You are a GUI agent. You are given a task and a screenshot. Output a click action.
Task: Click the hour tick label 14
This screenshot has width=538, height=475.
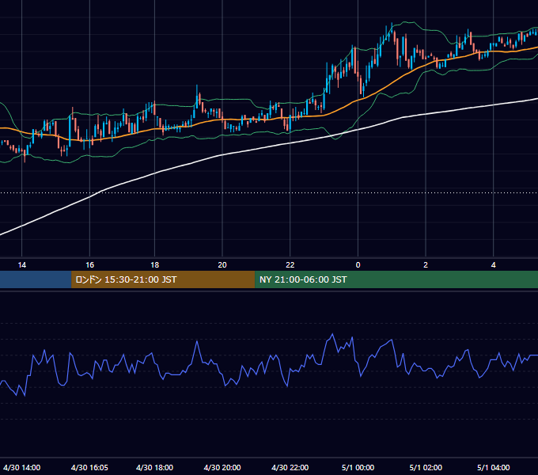[x=22, y=265]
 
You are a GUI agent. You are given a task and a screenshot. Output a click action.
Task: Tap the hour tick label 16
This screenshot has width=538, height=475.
[x=90, y=265]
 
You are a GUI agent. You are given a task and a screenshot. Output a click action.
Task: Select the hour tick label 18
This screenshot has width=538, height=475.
[x=155, y=265]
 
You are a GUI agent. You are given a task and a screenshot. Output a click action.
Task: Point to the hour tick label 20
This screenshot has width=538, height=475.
[x=222, y=265]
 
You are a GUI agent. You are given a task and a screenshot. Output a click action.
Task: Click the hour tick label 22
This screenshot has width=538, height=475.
[x=290, y=265]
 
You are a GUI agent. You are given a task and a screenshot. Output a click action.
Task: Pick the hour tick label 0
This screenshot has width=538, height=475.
[x=358, y=265]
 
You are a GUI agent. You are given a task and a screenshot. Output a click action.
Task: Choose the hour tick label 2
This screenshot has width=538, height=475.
[x=426, y=265]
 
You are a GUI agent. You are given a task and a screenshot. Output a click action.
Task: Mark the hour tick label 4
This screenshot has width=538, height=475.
[x=494, y=265]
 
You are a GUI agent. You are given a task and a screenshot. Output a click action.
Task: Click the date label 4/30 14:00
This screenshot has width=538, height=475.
[x=22, y=467]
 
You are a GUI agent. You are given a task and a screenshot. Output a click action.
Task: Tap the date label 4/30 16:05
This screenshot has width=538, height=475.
[x=89, y=467]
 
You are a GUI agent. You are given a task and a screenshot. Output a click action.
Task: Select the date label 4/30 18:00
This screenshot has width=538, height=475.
[x=155, y=467]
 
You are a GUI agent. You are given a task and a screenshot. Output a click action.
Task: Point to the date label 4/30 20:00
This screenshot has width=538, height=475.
[x=222, y=467]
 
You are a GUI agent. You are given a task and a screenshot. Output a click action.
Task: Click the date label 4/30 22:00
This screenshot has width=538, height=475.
[x=290, y=467]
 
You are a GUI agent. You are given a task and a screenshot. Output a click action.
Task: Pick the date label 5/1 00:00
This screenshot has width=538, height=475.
[x=358, y=467]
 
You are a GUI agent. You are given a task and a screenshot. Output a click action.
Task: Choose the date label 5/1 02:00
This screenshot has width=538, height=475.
[x=426, y=467]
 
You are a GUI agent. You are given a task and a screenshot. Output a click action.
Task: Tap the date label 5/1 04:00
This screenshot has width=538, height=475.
[x=494, y=467]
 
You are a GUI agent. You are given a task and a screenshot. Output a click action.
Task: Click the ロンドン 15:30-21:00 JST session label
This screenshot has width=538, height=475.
[x=126, y=279]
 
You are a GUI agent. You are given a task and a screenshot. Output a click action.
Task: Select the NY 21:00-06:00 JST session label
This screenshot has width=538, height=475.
[x=303, y=279]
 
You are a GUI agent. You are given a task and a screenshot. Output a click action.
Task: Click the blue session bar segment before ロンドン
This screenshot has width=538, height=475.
[x=36, y=279]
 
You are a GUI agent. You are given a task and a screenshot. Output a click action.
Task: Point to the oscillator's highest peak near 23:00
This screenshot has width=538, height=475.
[x=332, y=334]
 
